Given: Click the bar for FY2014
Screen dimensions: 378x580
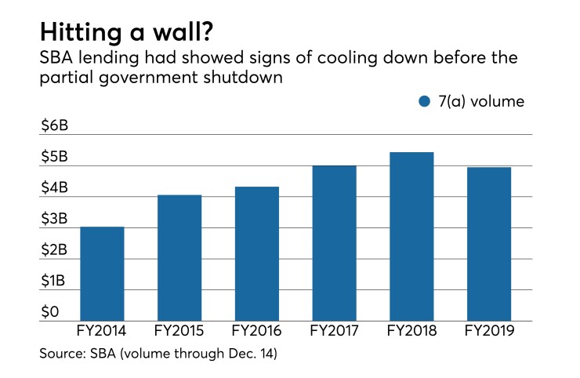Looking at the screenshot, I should tap(102, 274).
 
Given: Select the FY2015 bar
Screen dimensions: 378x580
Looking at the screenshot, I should tap(179, 258).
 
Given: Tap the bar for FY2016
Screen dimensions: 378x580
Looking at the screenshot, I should tap(256, 254).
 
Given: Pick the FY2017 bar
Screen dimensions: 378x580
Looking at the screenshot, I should tap(333, 243).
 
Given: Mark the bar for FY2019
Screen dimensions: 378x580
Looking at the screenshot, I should tap(488, 244).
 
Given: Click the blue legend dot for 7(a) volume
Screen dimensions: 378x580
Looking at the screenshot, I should tap(425, 101).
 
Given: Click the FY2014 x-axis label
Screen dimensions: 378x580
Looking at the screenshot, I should tap(103, 333).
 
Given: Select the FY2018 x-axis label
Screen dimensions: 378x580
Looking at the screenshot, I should tap(411, 333).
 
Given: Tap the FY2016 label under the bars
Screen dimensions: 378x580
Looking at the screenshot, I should tap(256, 333).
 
